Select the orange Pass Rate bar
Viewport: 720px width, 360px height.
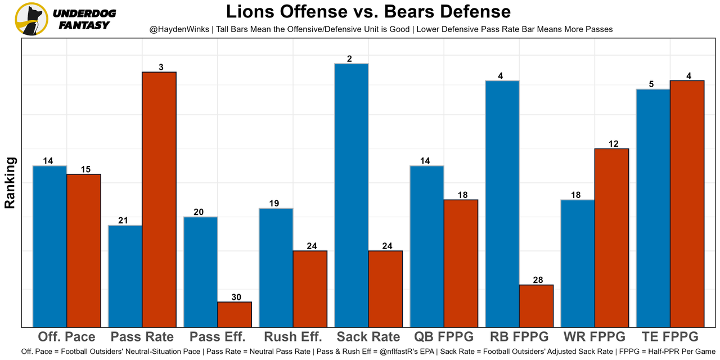(x=159, y=199)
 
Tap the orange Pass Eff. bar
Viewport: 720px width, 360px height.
(x=235, y=314)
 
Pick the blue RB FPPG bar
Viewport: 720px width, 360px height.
(x=502, y=203)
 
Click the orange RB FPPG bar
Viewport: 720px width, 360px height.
(x=536, y=305)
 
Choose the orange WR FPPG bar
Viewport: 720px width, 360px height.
(x=611, y=237)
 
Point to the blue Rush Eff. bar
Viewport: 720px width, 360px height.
(x=276, y=267)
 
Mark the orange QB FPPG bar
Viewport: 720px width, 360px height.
(x=461, y=263)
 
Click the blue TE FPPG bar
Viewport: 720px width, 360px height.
(x=653, y=208)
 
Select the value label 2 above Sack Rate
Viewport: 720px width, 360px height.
(x=350, y=58)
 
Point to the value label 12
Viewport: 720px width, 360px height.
(x=613, y=144)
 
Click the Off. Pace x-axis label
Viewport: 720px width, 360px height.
(x=66, y=337)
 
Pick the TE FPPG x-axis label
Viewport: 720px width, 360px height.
(x=669, y=337)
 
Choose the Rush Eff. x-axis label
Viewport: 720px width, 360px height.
(x=292, y=337)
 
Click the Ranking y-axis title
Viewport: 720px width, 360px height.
(x=10, y=183)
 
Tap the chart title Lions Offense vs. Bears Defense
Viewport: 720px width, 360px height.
(x=368, y=12)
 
